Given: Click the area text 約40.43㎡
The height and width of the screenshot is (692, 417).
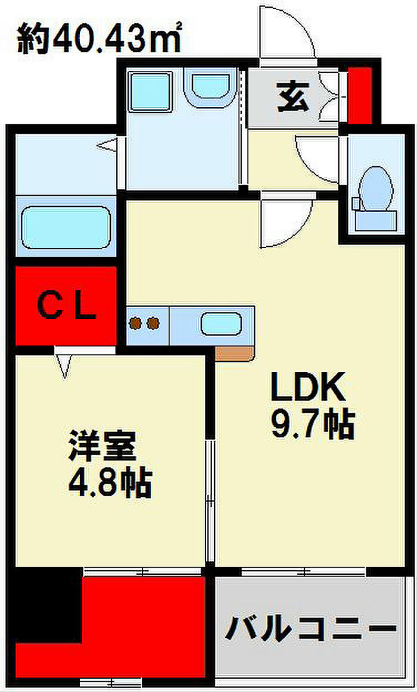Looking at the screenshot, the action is pos(99,40).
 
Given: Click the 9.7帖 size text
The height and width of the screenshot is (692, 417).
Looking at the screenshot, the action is pos(312,425).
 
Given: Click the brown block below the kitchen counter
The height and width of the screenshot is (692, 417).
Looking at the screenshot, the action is pos(235,353).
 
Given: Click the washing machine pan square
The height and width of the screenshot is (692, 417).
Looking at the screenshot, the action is pos(150,92).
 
